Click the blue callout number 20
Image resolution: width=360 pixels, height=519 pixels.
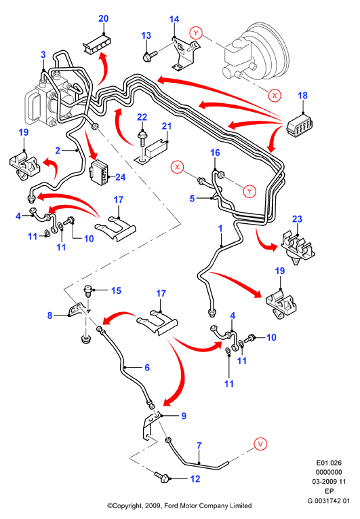[x=104, y=18]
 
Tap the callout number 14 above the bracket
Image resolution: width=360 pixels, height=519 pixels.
[x=174, y=20]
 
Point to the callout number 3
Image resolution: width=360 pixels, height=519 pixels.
[x=43, y=55]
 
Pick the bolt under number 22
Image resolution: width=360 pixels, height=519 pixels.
[x=142, y=139]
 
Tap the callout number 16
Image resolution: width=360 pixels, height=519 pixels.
[x=215, y=153]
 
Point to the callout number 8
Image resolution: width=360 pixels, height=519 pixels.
[x=49, y=315]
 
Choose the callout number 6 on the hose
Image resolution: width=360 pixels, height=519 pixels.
[x=147, y=368]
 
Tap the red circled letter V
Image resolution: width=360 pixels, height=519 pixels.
[x=260, y=444]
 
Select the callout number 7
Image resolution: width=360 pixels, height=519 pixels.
[x=199, y=446]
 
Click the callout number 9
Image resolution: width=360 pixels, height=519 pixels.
[x=184, y=416]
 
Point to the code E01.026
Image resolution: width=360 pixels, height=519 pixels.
[x=329, y=463]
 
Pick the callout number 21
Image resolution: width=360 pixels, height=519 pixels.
[x=167, y=126]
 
